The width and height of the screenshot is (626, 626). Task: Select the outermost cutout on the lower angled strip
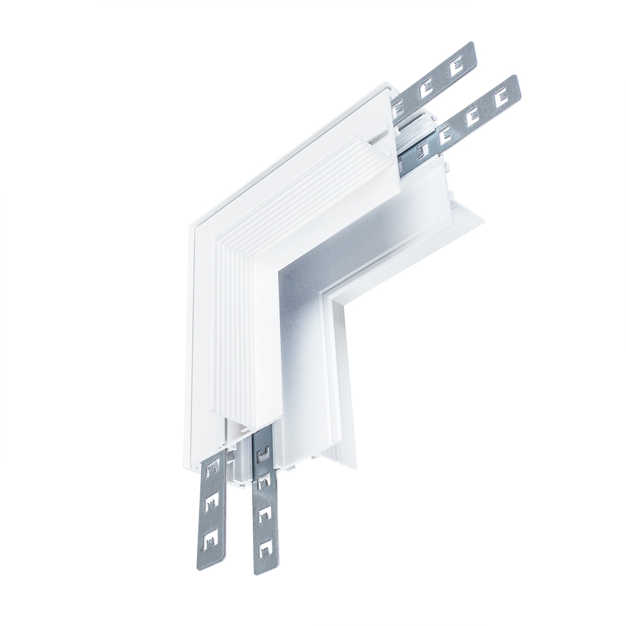500,98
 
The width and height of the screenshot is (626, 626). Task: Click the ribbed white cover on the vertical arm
238,338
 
